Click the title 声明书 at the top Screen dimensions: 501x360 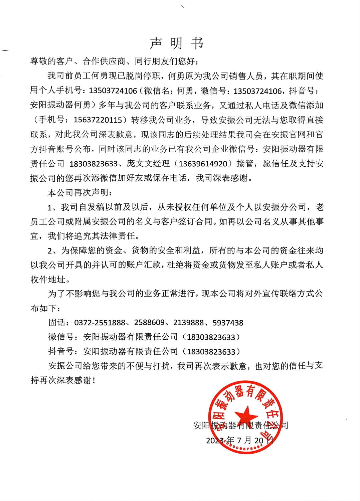coord(176,43)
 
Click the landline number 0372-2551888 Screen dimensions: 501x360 coord(100,323)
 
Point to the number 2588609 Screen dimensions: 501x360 coord(149,323)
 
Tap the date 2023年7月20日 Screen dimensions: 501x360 coord(240,440)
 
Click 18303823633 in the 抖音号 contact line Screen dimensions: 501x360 coord(211,352)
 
